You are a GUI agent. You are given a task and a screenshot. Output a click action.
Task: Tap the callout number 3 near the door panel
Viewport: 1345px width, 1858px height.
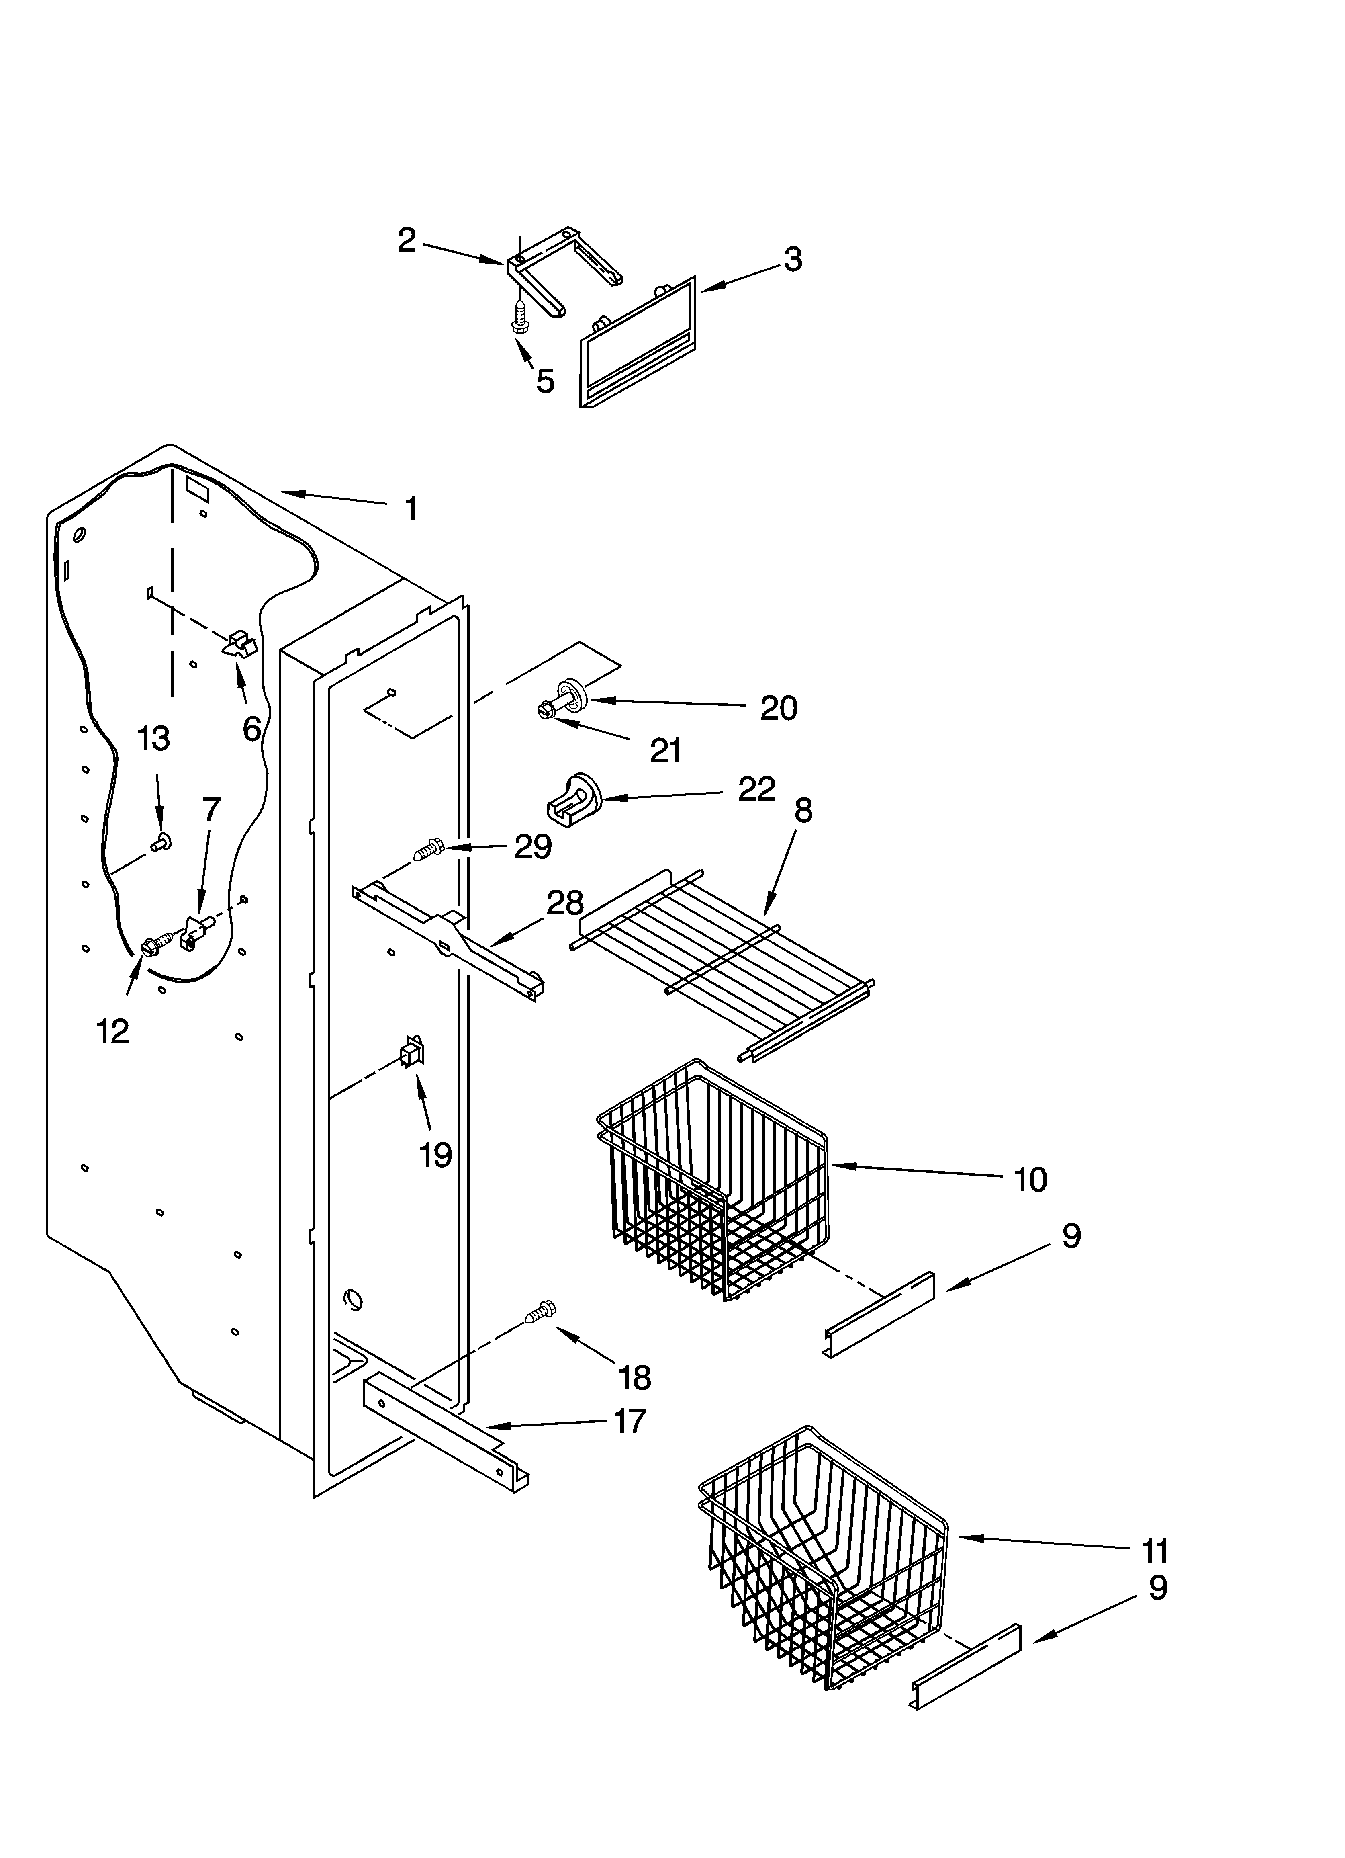tap(792, 260)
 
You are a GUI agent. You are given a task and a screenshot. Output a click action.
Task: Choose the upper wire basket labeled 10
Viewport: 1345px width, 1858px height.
tap(713, 1180)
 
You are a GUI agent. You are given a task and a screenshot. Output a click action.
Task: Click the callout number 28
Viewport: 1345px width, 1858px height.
tap(564, 903)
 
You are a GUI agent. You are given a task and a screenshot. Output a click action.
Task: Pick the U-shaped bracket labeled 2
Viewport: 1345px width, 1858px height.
tap(565, 270)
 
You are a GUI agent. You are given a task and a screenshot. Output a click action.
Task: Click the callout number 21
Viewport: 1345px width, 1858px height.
tap(665, 750)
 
